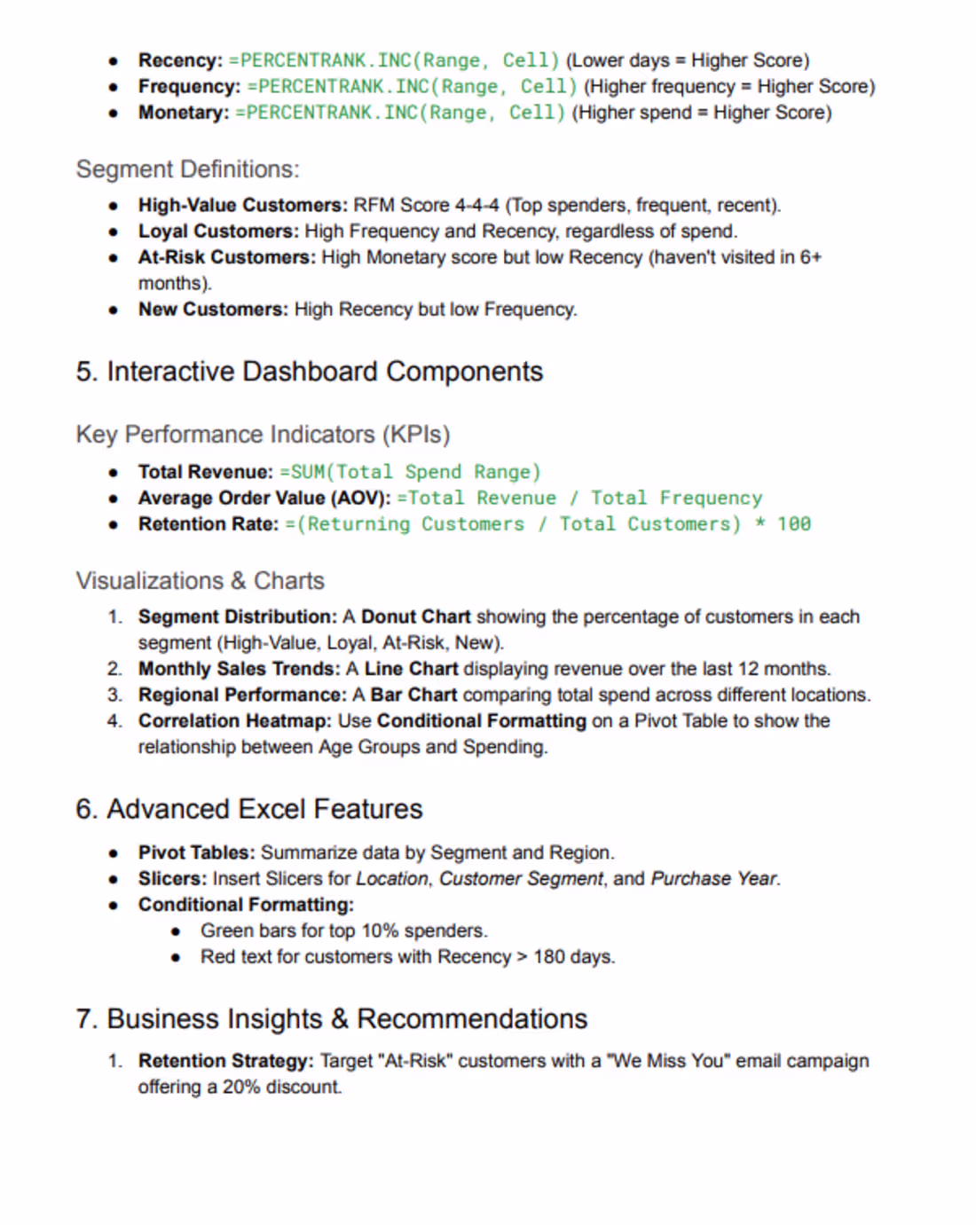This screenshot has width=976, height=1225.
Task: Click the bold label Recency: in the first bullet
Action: (x=180, y=60)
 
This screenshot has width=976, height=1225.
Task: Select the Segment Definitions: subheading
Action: (x=187, y=169)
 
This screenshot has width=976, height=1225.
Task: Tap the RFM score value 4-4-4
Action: (x=476, y=206)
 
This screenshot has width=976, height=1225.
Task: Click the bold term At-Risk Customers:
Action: (x=226, y=257)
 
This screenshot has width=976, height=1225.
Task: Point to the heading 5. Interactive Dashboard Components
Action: (x=309, y=372)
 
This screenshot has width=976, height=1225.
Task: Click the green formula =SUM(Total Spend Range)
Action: (x=410, y=472)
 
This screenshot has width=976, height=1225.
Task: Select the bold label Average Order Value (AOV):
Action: (x=264, y=499)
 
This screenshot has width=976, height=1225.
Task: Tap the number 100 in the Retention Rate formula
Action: (x=794, y=524)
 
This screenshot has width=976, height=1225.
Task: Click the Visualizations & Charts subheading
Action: (x=200, y=581)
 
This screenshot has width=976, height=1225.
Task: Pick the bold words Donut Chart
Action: (x=415, y=616)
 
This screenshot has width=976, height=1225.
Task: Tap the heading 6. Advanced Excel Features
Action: (x=248, y=809)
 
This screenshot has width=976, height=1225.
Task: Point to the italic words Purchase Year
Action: (x=713, y=879)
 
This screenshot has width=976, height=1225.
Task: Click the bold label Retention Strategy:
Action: (x=225, y=1061)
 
